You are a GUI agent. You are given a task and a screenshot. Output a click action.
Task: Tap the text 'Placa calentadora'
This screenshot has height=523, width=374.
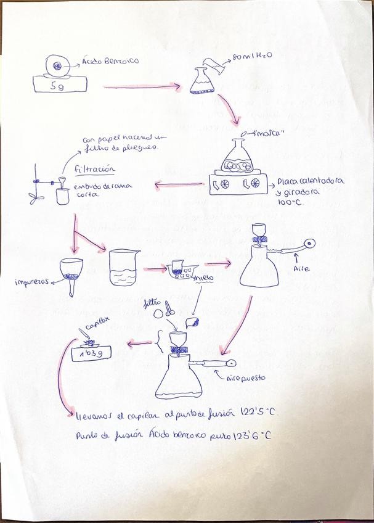coord(310,181)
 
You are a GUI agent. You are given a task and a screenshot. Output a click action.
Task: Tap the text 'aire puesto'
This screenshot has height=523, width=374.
coord(246,377)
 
